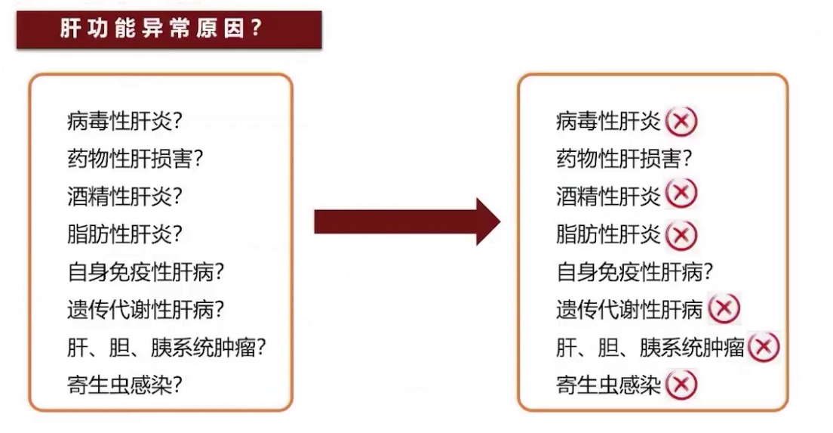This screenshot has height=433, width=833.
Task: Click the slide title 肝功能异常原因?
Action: click(161, 29)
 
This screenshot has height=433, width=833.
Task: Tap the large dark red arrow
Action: click(407, 221)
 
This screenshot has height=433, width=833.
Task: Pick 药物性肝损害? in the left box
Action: click(136, 159)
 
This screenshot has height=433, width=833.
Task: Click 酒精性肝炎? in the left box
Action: click(125, 196)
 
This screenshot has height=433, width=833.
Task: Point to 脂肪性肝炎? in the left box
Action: click(125, 234)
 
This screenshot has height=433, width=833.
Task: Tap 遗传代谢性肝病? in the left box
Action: click(146, 310)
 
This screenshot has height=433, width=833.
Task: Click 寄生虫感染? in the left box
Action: click(125, 385)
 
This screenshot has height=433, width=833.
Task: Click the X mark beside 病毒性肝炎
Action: click(681, 121)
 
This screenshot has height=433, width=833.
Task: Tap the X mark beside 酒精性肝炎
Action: click(681, 195)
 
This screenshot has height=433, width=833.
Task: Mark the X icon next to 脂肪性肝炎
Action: click(681, 234)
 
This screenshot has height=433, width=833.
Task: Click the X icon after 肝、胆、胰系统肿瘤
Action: click(764, 347)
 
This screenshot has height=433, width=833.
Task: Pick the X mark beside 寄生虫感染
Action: click(681, 385)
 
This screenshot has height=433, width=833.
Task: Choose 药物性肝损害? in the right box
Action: click(624, 159)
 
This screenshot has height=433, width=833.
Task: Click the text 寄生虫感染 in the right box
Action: click(608, 385)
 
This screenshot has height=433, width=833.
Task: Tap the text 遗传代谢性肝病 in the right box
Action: click(629, 310)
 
